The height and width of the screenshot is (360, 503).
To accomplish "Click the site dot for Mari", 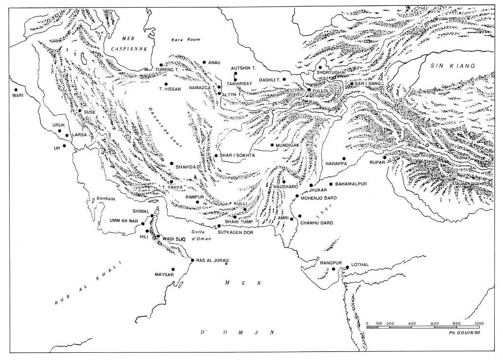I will click(x=16, y=90).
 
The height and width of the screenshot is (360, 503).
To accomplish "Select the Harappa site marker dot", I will click(x=344, y=158).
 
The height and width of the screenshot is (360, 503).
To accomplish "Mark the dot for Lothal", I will click(x=347, y=267).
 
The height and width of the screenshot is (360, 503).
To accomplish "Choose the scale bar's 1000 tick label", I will click(x=479, y=323).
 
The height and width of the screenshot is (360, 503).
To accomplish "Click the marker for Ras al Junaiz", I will click(x=192, y=261).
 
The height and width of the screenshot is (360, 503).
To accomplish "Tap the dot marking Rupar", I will click(x=384, y=157).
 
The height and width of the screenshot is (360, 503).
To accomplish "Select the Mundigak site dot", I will click(x=272, y=144).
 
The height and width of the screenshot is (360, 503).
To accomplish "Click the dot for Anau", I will click(x=204, y=62).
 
